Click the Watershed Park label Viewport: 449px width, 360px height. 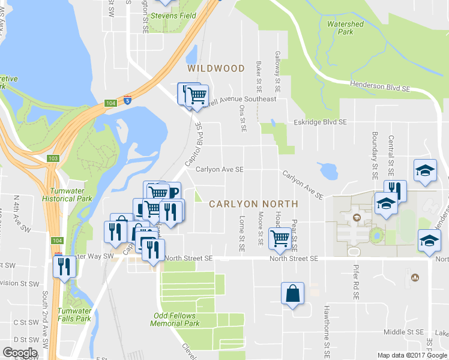[345, 28]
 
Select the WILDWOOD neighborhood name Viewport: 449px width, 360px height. [216, 69]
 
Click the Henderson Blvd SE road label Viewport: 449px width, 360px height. [379, 88]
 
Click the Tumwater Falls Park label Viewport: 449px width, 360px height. [74, 314]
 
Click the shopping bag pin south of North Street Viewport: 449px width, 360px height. [292, 294]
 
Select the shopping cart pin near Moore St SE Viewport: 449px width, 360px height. [280, 238]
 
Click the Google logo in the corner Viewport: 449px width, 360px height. [20, 353]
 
